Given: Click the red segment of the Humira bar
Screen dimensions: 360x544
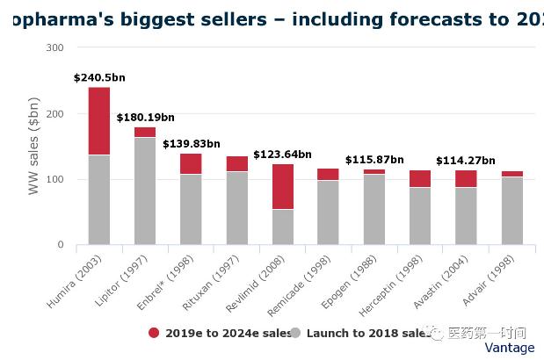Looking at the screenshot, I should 99,121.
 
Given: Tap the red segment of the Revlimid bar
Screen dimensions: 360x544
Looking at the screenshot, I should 283,186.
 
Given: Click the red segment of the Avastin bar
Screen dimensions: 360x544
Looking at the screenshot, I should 466,178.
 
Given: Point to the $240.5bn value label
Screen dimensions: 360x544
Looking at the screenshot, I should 99,78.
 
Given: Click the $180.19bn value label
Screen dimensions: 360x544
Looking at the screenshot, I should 145,118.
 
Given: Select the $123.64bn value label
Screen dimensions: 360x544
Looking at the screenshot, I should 282,155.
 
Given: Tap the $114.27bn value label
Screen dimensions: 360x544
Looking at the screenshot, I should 465,161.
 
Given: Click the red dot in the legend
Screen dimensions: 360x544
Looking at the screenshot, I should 154,333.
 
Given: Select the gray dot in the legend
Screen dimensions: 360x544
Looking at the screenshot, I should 295,333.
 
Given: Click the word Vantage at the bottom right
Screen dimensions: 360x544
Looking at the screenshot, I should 509,348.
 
